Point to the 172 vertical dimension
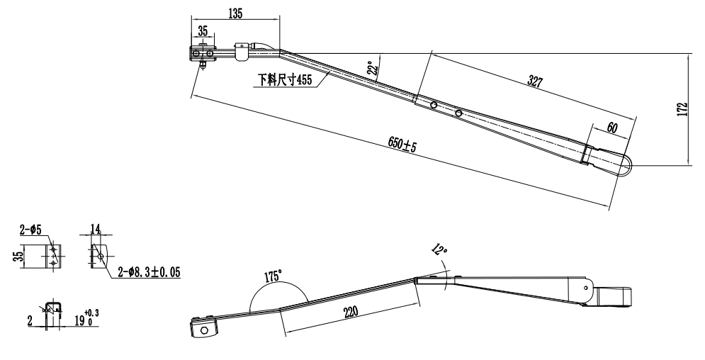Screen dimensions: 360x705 pyautogui.click(x=682, y=109)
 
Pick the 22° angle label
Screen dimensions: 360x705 pyautogui.click(x=372, y=68)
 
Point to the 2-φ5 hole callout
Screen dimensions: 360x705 pyautogui.click(x=32, y=229)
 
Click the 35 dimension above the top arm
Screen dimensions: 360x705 pyautogui.click(x=203, y=31)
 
